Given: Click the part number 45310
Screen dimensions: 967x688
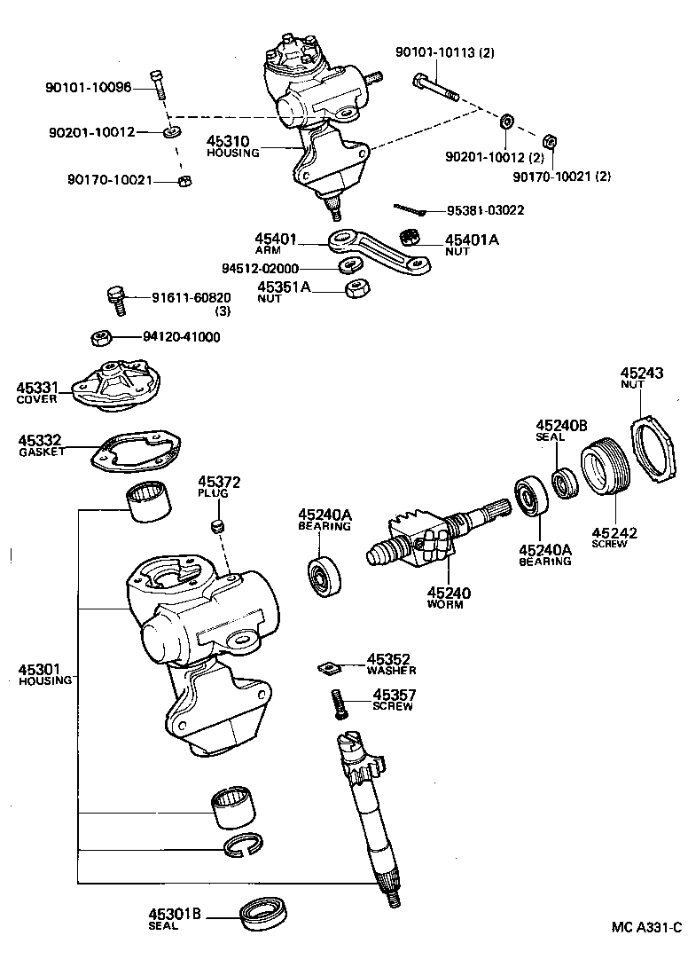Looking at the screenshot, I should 228,141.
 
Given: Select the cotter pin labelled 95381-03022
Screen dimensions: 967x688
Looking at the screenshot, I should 411,209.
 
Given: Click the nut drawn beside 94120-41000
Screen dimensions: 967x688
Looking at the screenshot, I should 101,337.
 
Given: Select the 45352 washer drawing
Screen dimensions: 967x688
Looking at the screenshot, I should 331,667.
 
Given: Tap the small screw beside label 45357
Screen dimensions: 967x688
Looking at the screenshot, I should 337,704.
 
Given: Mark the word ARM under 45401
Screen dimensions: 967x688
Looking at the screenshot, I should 266,251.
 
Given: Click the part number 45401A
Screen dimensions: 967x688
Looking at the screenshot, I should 473,240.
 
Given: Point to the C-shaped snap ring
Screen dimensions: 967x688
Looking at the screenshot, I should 239,846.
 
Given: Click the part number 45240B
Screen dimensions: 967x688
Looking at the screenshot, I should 560,425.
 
